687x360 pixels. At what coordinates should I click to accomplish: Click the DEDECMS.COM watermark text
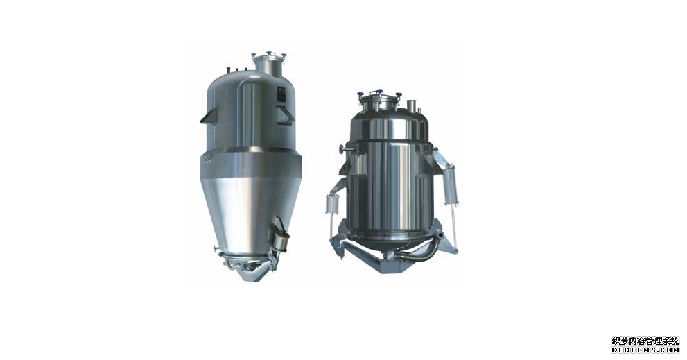click(645, 350)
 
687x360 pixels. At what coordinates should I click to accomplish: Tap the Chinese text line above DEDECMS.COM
click(645, 341)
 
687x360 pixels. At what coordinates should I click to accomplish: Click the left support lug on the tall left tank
click(209, 116)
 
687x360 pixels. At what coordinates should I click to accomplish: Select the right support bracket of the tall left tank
click(285, 115)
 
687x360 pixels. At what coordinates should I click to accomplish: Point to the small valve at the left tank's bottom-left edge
click(217, 250)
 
